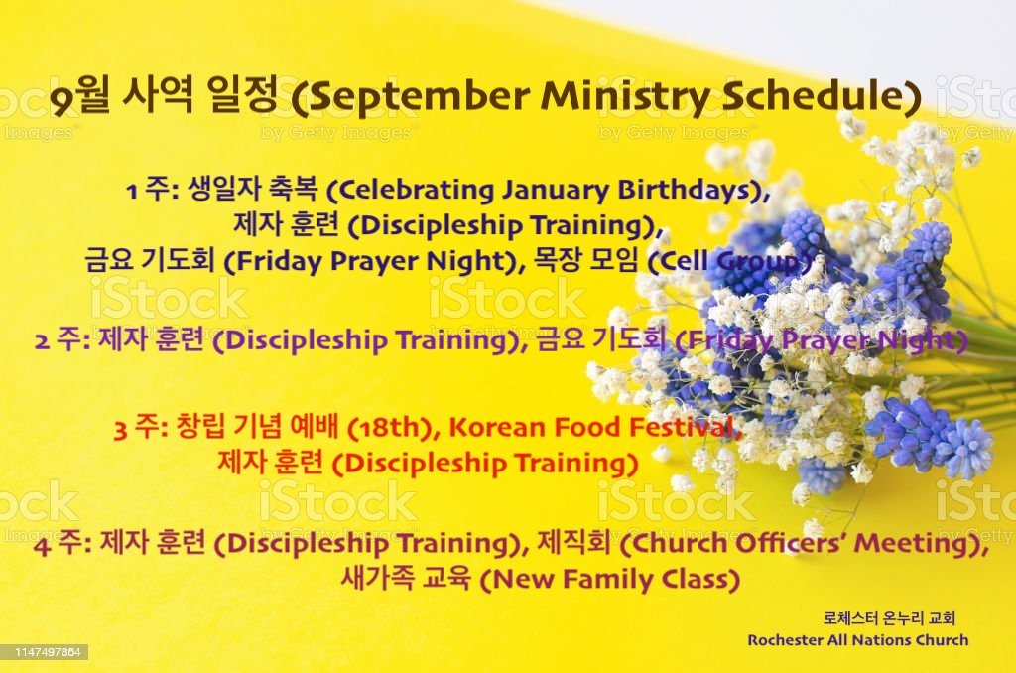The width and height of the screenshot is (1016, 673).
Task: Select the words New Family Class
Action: (x=615, y=579)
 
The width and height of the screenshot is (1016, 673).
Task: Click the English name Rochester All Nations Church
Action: (x=858, y=640)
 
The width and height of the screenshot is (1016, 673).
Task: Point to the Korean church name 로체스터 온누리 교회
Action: (x=889, y=618)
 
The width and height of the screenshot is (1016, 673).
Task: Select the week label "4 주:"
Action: (x=63, y=543)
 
